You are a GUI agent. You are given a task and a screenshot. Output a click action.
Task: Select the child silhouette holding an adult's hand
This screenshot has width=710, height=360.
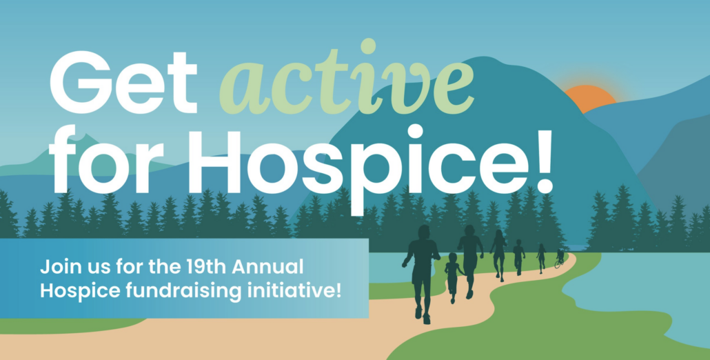coord(452,276)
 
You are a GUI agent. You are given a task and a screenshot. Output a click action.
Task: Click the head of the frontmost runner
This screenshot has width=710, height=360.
coord(423,232)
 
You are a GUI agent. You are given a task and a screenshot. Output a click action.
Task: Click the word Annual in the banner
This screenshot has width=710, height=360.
coord(281,266)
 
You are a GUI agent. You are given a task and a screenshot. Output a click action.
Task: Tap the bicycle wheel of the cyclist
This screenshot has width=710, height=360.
coord(557,264)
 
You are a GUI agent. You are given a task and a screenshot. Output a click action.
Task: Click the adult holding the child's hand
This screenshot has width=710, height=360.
coord(470,259)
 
